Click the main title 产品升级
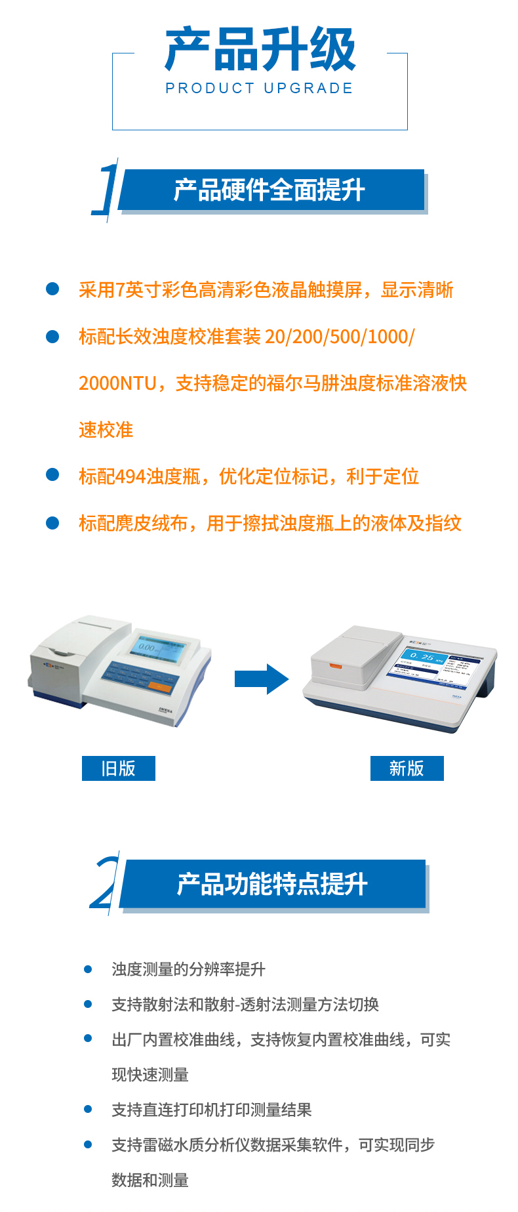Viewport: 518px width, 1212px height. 260,49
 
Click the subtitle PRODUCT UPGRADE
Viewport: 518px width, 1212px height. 260,88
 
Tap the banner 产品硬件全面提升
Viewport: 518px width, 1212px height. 269,190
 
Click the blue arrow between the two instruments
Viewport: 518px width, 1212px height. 261,679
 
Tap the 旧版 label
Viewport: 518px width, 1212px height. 118,768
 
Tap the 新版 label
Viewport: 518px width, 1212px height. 407,768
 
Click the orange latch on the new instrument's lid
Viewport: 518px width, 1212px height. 335,666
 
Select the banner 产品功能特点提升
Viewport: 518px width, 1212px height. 272,884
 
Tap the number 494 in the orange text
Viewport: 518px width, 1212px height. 130,476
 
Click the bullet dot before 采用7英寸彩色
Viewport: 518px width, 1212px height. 52,289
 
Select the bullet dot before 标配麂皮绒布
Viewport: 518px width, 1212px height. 52,523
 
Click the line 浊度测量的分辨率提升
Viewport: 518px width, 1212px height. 188,969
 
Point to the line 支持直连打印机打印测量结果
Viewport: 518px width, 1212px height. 211,1110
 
